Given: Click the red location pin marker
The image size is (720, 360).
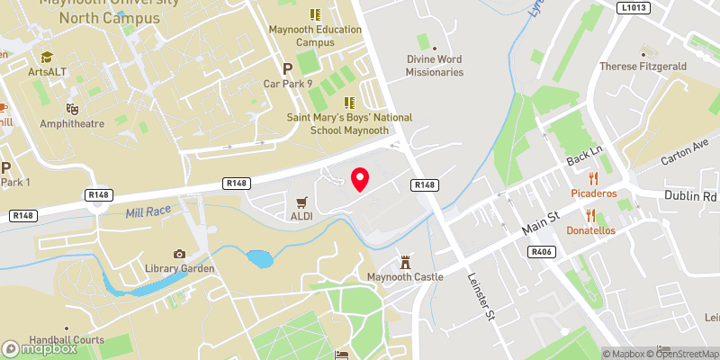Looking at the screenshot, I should (x=360, y=179).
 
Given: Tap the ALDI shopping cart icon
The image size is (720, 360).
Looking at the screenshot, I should (x=301, y=201).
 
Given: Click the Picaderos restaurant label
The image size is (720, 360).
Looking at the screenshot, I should (x=592, y=193).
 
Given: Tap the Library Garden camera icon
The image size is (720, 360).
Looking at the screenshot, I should (x=180, y=254).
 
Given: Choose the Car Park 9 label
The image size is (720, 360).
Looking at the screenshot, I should (x=287, y=84).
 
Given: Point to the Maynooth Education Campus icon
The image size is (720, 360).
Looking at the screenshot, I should (x=315, y=14).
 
